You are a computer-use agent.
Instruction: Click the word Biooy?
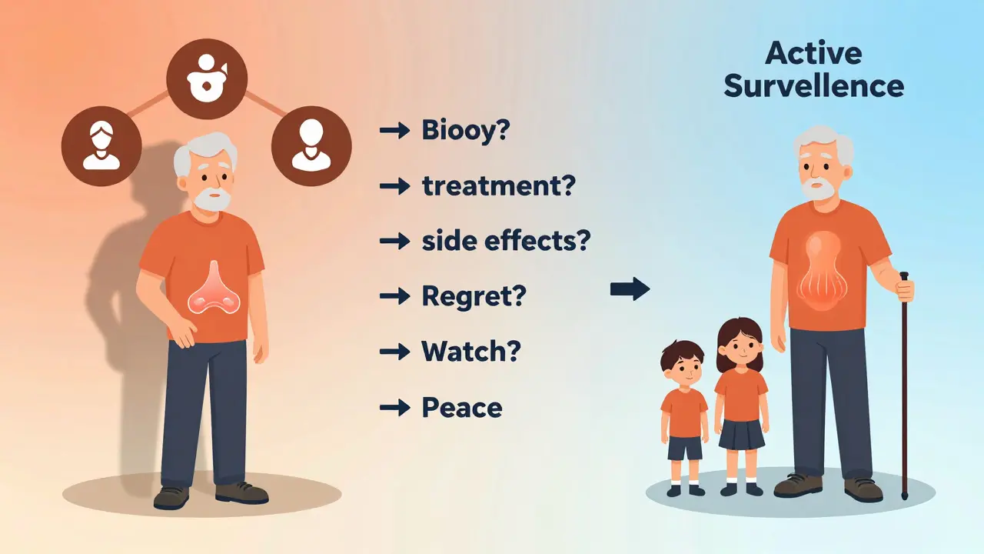466,130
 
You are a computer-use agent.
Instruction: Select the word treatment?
498,185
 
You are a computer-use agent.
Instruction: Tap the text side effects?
506,241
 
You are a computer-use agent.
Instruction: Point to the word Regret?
473,296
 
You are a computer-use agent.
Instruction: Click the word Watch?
471,352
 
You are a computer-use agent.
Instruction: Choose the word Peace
462,407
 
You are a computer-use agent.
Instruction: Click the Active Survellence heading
813,69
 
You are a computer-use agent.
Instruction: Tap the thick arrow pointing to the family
630,290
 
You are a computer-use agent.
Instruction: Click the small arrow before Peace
395,407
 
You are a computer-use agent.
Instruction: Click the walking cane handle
904,276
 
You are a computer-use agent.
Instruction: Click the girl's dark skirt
742,434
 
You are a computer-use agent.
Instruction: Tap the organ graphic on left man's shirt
208,288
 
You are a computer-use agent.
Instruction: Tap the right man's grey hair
824,142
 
